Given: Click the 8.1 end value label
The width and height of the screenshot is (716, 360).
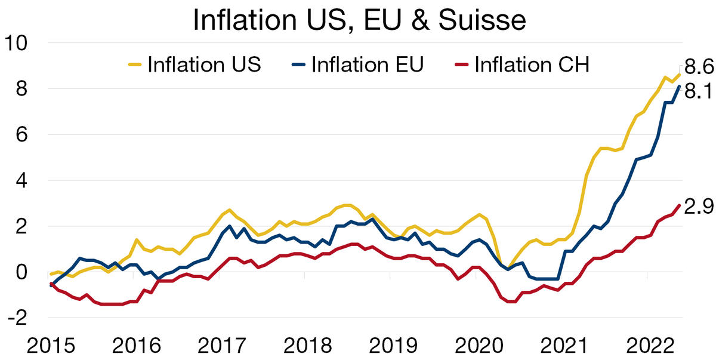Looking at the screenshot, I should (699, 92).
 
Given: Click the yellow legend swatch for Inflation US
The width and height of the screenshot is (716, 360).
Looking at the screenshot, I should (135, 64).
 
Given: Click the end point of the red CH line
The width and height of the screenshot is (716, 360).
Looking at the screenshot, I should (679, 206).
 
